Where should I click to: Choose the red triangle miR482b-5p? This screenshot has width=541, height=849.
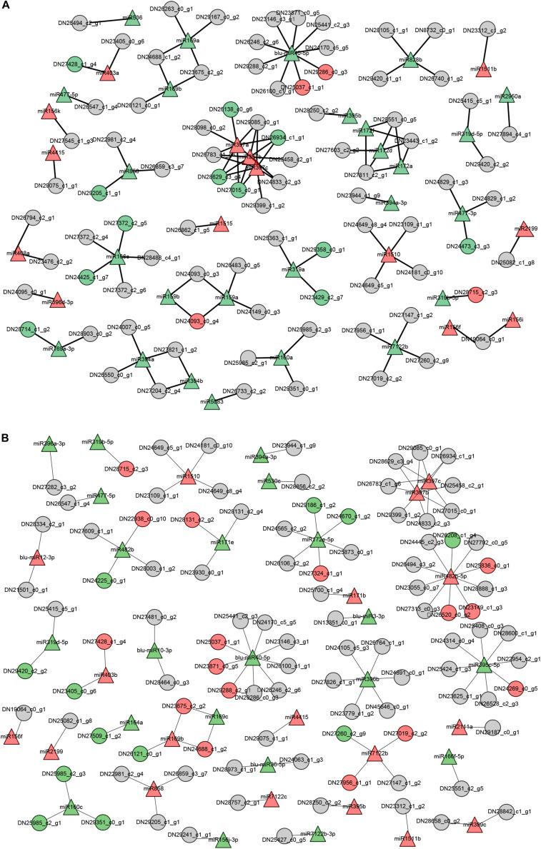[450, 576]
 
